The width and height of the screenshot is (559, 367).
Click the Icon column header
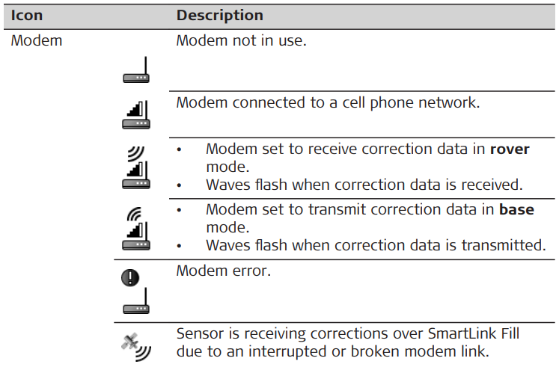26,15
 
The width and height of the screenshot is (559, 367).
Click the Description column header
219,15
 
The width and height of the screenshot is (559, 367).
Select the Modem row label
36,41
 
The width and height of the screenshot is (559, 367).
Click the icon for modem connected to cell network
136,114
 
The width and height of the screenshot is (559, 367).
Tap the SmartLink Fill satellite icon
135,345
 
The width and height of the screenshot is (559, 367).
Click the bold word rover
510,149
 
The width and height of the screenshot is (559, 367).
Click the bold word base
517,210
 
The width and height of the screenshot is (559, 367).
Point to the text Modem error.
223,271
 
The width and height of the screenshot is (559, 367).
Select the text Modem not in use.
241,41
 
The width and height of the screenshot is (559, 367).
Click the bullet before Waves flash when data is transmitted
180,245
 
